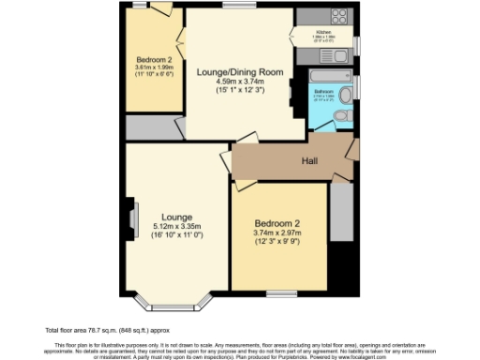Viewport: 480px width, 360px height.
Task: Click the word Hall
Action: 308,162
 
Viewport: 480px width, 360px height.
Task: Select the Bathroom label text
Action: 322,92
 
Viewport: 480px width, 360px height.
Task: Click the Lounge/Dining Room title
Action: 240,71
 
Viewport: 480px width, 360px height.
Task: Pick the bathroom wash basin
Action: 349,91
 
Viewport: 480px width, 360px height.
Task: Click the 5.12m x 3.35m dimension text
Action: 176,226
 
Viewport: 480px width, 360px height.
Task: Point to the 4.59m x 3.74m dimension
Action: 240,82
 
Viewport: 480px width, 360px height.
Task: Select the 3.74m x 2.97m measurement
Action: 277,233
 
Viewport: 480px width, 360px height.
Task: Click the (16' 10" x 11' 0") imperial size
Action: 176,235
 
